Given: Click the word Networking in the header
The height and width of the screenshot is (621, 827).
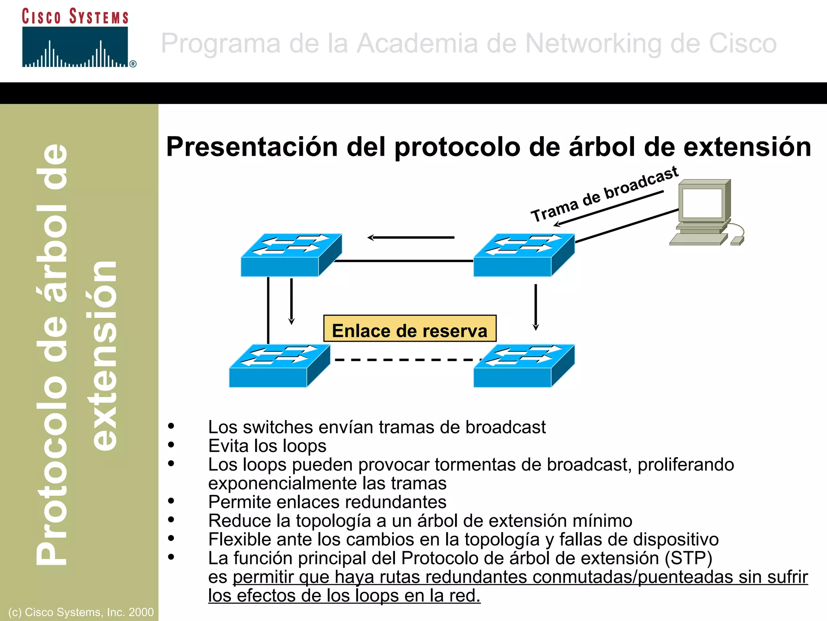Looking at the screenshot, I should click(x=593, y=43).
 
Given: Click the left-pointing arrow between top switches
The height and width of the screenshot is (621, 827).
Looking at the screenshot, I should click(x=411, y=237).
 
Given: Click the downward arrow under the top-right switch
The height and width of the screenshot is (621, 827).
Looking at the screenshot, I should click(x=535, y=307).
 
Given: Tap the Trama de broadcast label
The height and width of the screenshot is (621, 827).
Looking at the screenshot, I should click(x=604, y=194).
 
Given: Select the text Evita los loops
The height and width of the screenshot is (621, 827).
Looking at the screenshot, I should click(x=267, y=446).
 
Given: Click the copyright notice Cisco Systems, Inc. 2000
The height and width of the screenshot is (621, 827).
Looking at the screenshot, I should click(x=81, y=612).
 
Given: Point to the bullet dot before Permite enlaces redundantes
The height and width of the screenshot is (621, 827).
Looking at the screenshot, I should click(x=171, y=501).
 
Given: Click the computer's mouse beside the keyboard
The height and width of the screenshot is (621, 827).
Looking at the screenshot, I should click(x=737, y=241).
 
